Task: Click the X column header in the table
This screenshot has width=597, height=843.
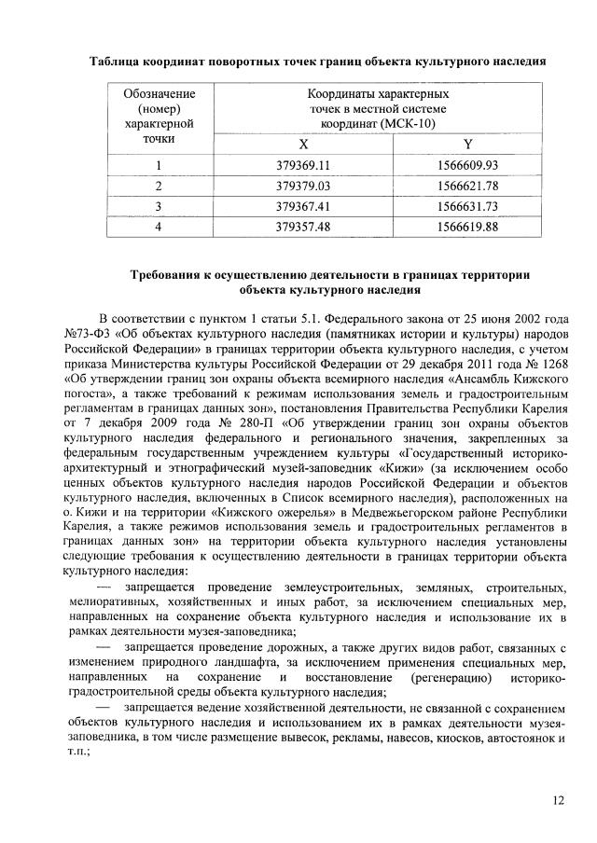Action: tap(303, 145)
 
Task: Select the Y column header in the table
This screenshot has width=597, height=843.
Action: tap(467, 145)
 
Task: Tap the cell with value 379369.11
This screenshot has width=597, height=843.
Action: tap(303, 166)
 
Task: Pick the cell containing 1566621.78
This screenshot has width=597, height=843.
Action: tap(467, 186)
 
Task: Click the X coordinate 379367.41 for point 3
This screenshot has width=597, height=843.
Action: tap(303, 205)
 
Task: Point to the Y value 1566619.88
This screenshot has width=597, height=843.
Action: tap(467, 225)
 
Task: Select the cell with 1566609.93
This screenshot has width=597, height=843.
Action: tap(467, 166)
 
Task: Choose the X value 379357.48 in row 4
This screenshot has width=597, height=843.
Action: tap(303, 225)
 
